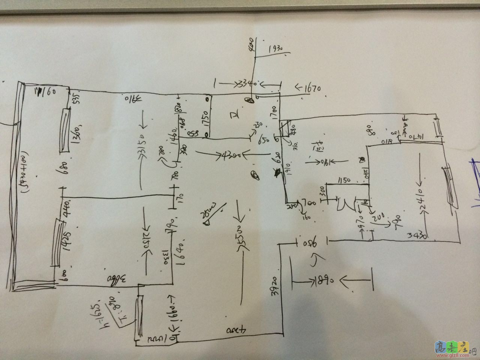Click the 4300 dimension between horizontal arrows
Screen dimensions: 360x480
click(220, 154)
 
